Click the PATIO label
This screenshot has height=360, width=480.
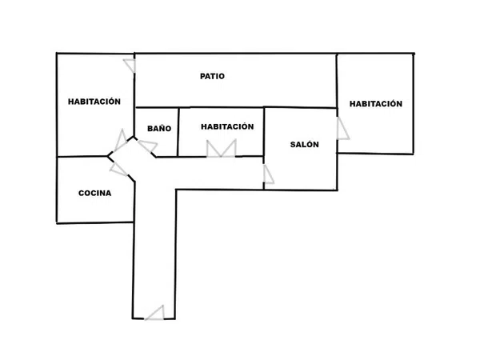point(212,76)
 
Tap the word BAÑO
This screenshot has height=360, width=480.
point(159,128)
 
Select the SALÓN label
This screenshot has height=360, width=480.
point(304,144)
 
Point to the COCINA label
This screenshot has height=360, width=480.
point(95,193)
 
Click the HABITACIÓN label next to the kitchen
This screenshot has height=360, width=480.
point(94,102)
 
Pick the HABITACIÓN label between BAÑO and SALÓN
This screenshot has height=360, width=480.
point(227,126)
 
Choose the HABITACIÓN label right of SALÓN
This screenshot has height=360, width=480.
point(376,104)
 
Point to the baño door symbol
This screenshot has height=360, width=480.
point(148,146)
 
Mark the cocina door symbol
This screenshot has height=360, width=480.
point(118,169)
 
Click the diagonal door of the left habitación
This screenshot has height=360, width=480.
point(120,142)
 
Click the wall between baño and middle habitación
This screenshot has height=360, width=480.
point(178,132)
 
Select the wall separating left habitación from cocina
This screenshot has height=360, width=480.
point(82,157)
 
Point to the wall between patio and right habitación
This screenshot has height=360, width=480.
point(337,81)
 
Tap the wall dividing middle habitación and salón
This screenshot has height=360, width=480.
point(264,132)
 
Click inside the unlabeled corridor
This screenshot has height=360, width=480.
point(154,238)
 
